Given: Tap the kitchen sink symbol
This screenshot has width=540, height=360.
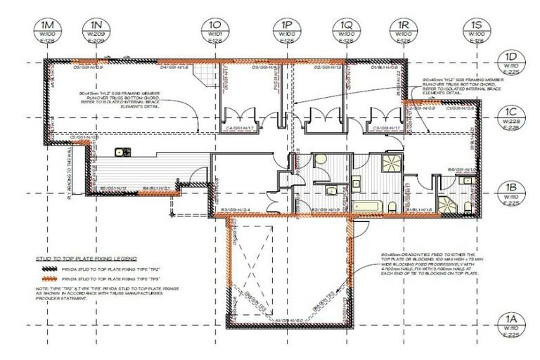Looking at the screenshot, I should coord(121,150).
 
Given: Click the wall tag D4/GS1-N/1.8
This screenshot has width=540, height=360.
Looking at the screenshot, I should coord(173,68).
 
